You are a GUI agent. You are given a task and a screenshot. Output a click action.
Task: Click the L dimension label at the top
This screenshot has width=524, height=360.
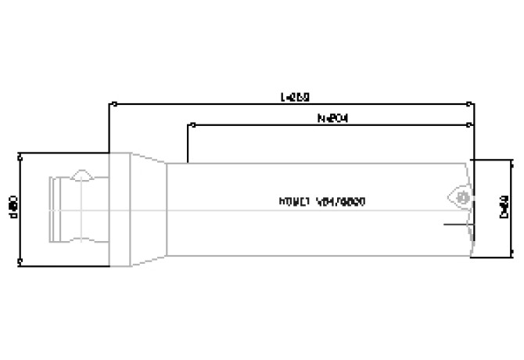click(x=295, y=98)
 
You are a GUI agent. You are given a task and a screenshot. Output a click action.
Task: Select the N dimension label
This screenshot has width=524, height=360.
click(x=332, y=119)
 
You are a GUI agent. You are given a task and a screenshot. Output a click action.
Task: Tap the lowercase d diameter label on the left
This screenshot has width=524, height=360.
click(x=13, y=207)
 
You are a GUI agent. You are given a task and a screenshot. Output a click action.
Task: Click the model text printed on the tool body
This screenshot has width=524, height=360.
click(x=323, y=202)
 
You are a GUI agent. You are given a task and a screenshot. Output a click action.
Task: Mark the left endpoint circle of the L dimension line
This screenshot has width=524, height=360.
click(x=114, y=103)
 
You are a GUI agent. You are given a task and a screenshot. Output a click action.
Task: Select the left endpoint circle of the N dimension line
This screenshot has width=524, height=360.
click(x=188, y=124)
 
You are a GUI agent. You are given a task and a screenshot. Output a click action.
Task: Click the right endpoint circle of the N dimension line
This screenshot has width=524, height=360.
click(x=469, y=124)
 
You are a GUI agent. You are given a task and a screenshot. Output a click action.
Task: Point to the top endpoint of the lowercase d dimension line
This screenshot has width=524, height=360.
click(x=20, y=153)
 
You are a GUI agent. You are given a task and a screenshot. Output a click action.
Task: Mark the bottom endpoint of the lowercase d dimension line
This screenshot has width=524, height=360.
click(x=20, y=264)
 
